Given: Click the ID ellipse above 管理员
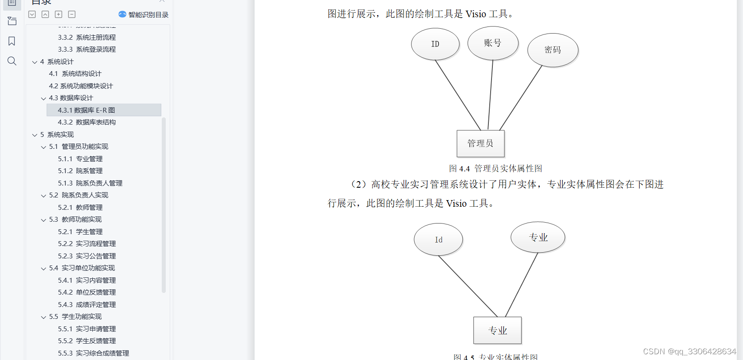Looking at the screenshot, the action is pos(435,44).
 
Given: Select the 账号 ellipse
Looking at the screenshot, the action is pos(492,43).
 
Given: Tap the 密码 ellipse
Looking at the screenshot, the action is pos(552,50).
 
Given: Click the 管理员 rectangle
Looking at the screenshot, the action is pos(480,144).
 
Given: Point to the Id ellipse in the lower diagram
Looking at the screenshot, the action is pos(438,239).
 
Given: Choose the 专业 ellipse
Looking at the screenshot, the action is pos(538,238).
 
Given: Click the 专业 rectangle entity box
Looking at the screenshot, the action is pos(497,330).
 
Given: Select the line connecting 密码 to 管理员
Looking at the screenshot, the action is pos(521,98).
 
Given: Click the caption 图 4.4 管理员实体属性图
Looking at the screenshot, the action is pos(495,168).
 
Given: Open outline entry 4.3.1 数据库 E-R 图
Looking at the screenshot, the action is pos(86,110).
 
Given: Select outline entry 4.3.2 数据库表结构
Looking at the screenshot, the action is pos(87,122).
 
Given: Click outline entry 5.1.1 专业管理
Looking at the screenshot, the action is pos(80,159).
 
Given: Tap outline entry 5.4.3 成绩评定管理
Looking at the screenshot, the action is pos(87,304).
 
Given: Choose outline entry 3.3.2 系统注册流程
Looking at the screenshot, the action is pos(87,38).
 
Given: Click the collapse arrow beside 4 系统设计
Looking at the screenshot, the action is pos(34,62).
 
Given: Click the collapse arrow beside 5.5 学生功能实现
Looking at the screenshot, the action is pos(43,317).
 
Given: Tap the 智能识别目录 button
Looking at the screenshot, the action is pos(144,15).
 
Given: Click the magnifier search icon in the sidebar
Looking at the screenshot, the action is pos(12,61).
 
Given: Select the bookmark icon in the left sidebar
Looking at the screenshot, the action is pos(12,41).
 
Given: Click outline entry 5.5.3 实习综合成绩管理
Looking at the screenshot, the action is pos(93,353).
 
